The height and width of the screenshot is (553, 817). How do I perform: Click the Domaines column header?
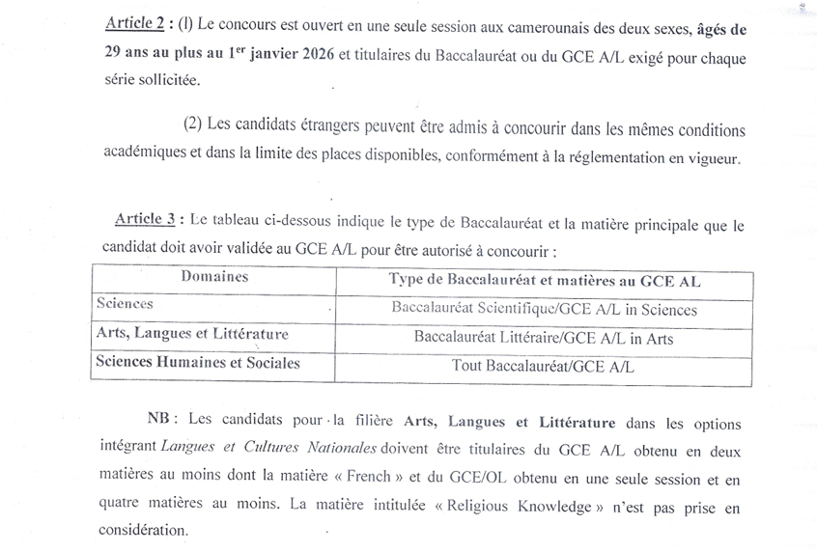[213, 278]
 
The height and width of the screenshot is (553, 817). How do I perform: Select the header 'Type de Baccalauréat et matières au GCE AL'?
[545, 281]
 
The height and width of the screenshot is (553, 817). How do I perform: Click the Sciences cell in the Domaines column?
[125, 304]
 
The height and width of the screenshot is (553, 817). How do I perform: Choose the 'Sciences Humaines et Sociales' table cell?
[197, 363]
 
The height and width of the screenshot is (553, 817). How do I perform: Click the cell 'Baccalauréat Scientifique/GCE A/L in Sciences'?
[545, 310]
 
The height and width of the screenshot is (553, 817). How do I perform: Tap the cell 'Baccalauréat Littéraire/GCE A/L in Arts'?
[544, 338]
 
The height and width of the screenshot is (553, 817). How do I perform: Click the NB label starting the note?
[159, 421]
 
